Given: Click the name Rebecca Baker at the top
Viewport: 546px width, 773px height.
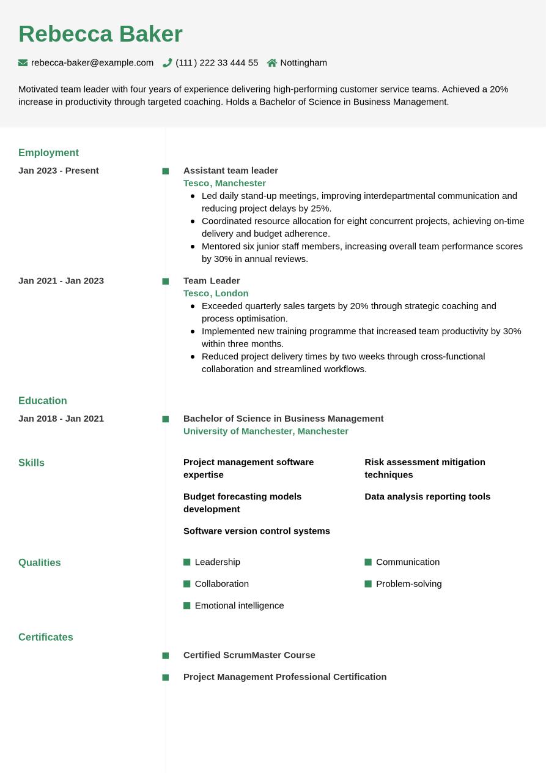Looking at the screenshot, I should click(100, 34).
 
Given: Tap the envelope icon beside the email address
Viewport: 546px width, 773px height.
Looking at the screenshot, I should click(23, 62).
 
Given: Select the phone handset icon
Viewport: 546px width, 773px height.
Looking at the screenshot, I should click(167, 62).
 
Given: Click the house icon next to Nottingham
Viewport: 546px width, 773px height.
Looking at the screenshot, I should click(272, 62).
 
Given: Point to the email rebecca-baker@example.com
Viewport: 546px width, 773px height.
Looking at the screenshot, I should click(92, 62).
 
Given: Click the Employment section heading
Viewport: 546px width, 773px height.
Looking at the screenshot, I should click(48, 152).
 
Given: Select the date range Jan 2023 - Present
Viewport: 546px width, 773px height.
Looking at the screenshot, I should click(59, 170).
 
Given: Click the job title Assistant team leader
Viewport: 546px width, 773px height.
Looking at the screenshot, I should click(231, 170).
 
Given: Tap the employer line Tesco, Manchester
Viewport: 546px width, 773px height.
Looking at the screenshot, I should click(224, 183).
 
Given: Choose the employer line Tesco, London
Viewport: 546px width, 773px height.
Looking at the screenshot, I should click(216, 293).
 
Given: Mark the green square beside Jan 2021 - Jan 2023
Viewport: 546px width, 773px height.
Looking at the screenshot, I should click(166, 282).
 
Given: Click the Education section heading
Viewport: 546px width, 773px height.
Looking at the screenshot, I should click(43, 400).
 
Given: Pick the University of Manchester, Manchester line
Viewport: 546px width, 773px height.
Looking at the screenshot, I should click(266, 431).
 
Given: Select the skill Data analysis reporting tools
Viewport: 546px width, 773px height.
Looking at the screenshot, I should click(427, 496).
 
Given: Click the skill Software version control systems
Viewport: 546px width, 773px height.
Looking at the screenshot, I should click(257, 531).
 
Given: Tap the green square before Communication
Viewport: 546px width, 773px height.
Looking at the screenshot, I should click(368, 562).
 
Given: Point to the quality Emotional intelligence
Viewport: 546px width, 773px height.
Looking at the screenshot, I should click(239, 605).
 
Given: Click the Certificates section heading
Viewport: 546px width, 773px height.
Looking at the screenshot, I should click(46, 637).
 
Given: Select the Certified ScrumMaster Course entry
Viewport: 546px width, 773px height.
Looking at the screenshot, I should click(249, 655).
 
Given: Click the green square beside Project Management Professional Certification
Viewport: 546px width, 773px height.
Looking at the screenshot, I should click(166, 678).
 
